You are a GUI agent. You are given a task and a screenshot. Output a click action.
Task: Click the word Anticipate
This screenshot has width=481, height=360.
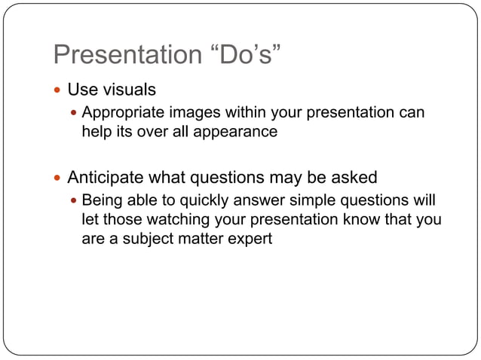pyautogui.click(x=103, y=178)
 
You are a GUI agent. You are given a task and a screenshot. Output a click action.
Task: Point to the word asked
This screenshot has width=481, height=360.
pyautogui.click(x=354, y=178)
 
